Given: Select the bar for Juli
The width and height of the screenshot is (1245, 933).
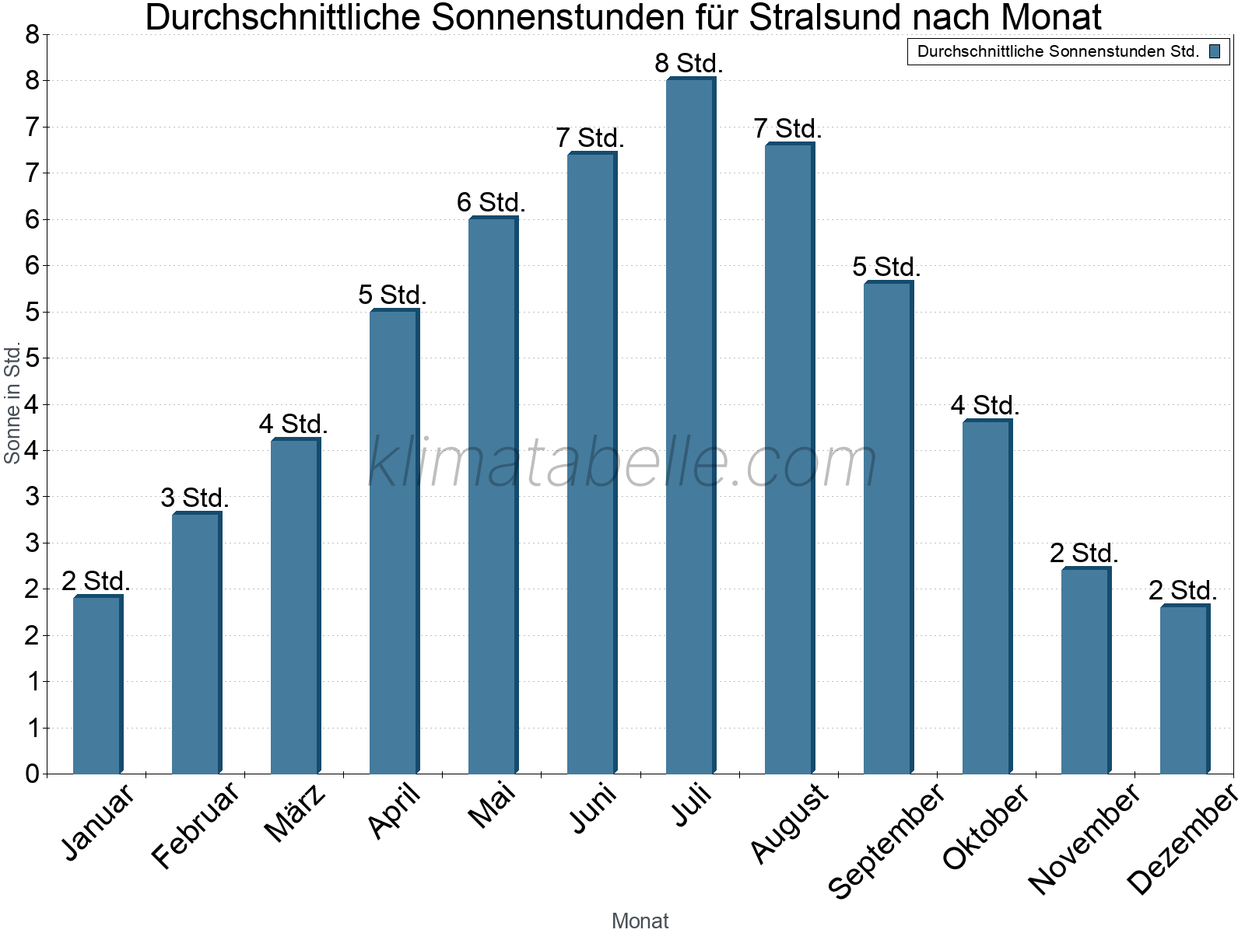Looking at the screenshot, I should [x=689, y=428].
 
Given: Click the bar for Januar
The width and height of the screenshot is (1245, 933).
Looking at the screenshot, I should [x=96, y=684].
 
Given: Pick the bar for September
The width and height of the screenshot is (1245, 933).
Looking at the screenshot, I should [x=887, y=529].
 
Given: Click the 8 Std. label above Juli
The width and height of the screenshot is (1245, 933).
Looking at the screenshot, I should [x=689, y=63].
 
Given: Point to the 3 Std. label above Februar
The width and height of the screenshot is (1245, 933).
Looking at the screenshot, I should [x=195, y=498].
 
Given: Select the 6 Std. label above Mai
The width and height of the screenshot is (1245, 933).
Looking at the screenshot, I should [x=491, y=203].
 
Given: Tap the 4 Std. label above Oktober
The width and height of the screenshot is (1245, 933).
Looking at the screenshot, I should [x=985, y=406].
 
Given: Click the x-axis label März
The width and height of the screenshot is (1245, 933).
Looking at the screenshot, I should [x=295, y=813].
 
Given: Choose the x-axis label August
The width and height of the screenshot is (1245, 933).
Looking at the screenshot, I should [x=789, y=823].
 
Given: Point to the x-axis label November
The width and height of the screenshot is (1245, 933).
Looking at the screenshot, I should [x=1084, y=838].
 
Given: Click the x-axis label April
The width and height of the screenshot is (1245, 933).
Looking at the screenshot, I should [x=395, y=811].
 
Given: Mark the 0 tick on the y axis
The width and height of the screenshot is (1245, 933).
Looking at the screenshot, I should [x=32, y=774].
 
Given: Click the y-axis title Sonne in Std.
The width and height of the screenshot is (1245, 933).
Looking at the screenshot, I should [x=12, y=403].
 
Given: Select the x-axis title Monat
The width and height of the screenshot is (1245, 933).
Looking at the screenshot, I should [x=640, y=921].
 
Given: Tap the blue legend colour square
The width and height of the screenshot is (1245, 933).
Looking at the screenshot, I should [x=1215, y=52].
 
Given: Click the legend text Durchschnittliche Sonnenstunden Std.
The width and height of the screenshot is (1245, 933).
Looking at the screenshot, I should [x=1057, y=52].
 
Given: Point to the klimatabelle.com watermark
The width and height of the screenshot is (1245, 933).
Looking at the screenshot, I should [x=622, y=463].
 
